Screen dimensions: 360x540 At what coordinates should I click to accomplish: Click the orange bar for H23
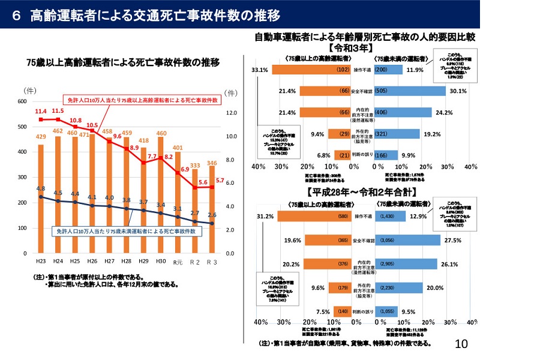point(41,198)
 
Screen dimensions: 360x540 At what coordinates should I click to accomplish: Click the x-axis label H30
point(161,261)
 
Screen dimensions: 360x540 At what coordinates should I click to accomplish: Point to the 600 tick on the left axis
point(22,101)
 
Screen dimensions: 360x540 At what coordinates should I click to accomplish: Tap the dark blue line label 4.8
point(41,188)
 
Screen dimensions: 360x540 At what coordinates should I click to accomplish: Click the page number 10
point(461,344)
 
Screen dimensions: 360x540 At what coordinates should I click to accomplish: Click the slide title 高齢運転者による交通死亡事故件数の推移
point(147,14)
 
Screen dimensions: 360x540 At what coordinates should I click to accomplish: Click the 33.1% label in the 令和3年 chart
point(261,70)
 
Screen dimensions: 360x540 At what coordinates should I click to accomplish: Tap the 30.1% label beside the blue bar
point(458,91)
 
